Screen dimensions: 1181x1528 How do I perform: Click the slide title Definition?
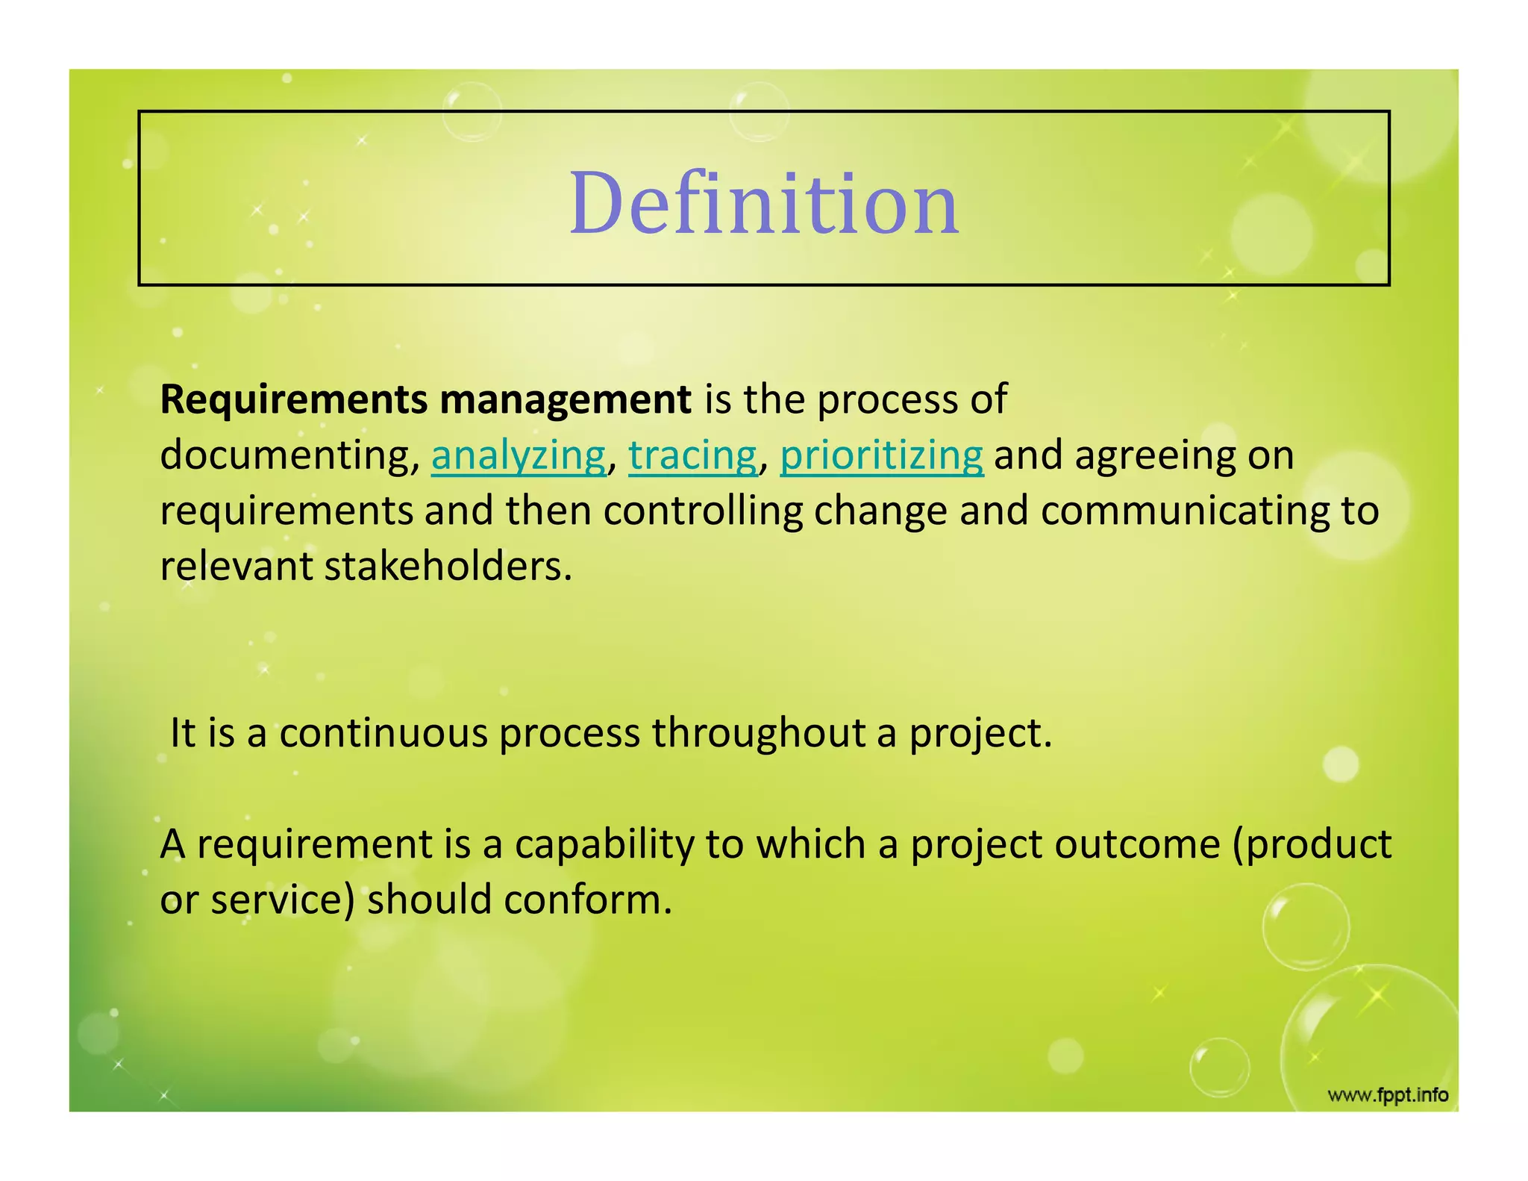763,203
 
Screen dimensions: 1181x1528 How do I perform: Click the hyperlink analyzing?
519,455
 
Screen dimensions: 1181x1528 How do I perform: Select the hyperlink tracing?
692,455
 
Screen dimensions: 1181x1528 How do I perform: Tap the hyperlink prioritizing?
881,455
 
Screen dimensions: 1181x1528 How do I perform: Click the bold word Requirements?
293,400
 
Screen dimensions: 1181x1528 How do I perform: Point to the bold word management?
565,400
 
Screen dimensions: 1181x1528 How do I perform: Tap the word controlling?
702,511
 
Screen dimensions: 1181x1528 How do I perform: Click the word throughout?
758,733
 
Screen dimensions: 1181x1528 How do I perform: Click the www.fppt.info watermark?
1388,1095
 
